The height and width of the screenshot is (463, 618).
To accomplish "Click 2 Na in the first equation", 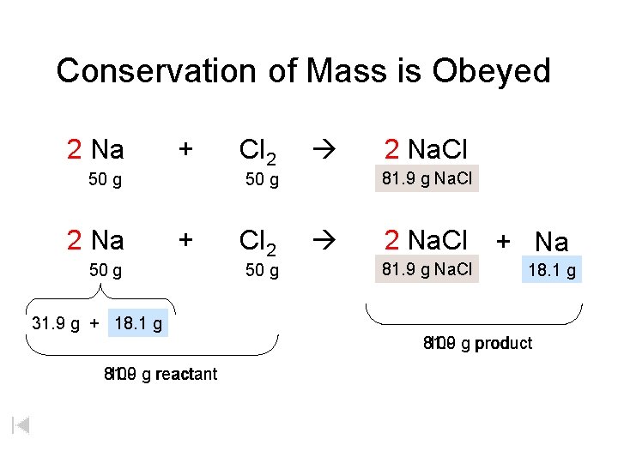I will pos(95,150).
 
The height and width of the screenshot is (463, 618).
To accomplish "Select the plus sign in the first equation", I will pos(184,149).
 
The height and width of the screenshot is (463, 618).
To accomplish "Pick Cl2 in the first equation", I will pos(257,152).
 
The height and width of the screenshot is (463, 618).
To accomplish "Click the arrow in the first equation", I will pos(326,150).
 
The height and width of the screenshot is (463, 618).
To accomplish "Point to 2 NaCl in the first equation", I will pos(426,150).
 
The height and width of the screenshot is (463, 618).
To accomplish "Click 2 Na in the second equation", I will pos(95,240).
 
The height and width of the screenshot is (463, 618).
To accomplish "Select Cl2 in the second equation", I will pos(257,243).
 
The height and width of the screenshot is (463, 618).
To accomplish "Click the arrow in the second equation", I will pos(326,240).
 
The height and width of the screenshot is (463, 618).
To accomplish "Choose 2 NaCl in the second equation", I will pos(426,240).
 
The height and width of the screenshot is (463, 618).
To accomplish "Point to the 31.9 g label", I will pos(56,324).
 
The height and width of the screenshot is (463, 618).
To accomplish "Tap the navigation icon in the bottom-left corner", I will pos(21,424).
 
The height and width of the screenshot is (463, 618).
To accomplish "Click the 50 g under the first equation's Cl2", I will pos(262,180).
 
